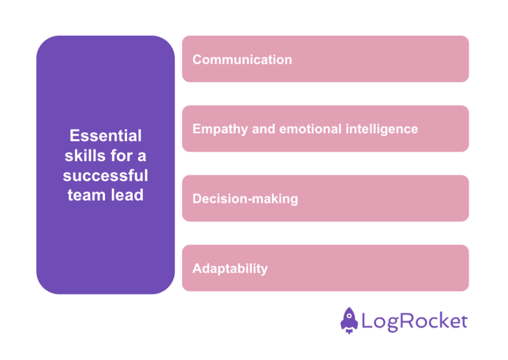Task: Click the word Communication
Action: click(242, 60)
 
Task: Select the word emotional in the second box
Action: click(311, 129)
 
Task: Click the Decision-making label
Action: click(245, 199)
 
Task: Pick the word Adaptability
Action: click(230, 269)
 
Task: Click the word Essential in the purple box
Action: click(106, 136)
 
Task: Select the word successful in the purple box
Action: click(106, 175)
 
